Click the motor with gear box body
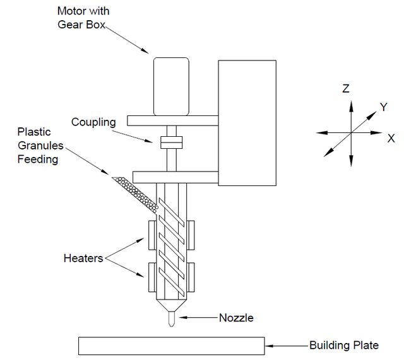click(171, 86)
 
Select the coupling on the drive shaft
click(171, 142)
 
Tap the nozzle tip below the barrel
click(171, 319)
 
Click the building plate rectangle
click(172, 346)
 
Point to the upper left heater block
click(152, 235)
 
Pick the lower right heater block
click(191, 277)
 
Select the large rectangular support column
click(247, 123)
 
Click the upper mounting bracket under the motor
click(172, 120)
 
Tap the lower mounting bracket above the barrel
click(175, 177)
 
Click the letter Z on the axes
click(346, 88)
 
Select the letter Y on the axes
click(384, 107)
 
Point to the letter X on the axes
click(391, 139)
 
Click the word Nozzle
click(236, 318)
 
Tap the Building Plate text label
click(344, 345)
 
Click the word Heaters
click(83, 258)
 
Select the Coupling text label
click(93, 122)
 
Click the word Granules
click(40, 146)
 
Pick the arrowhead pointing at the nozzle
click(183, 318)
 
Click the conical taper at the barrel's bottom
click(171, 305)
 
